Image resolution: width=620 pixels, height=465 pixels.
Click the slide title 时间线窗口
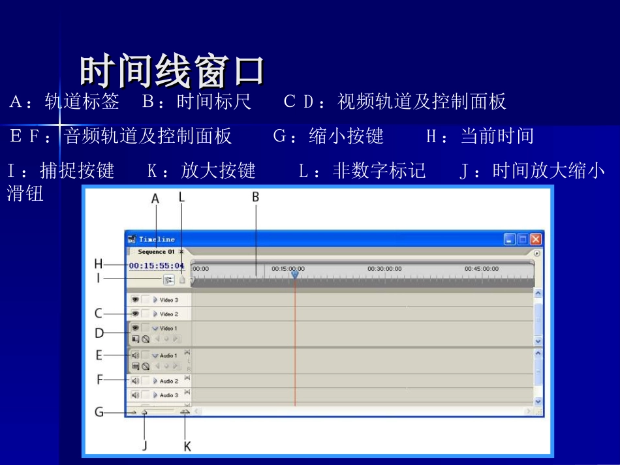(172, 71)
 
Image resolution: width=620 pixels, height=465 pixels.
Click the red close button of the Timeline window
(536, 239)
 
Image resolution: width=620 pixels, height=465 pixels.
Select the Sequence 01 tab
(156, 252)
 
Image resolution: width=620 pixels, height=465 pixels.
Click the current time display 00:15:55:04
(157, 266)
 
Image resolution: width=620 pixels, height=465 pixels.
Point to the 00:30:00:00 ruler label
(384, 268)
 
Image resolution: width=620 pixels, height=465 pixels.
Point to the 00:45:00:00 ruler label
(481, 268)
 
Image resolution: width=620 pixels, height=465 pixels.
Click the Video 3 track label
(169, 300)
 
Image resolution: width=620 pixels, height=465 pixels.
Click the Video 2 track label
(169, 314)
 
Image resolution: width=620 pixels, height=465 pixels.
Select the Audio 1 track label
(168, 356)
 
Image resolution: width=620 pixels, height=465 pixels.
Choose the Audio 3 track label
(169, 395)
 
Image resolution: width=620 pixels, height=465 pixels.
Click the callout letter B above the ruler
(256, 196)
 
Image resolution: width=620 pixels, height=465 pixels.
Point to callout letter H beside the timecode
(99, 264)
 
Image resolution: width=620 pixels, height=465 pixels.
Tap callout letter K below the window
(187, 447)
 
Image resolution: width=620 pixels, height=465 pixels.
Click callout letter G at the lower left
(99, 412)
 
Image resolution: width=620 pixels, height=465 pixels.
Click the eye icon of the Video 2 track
(135, 314)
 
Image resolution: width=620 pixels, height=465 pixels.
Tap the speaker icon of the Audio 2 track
(135, 381)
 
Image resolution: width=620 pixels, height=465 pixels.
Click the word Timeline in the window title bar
(157, 239)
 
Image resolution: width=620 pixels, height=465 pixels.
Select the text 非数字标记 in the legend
(379, 171)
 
